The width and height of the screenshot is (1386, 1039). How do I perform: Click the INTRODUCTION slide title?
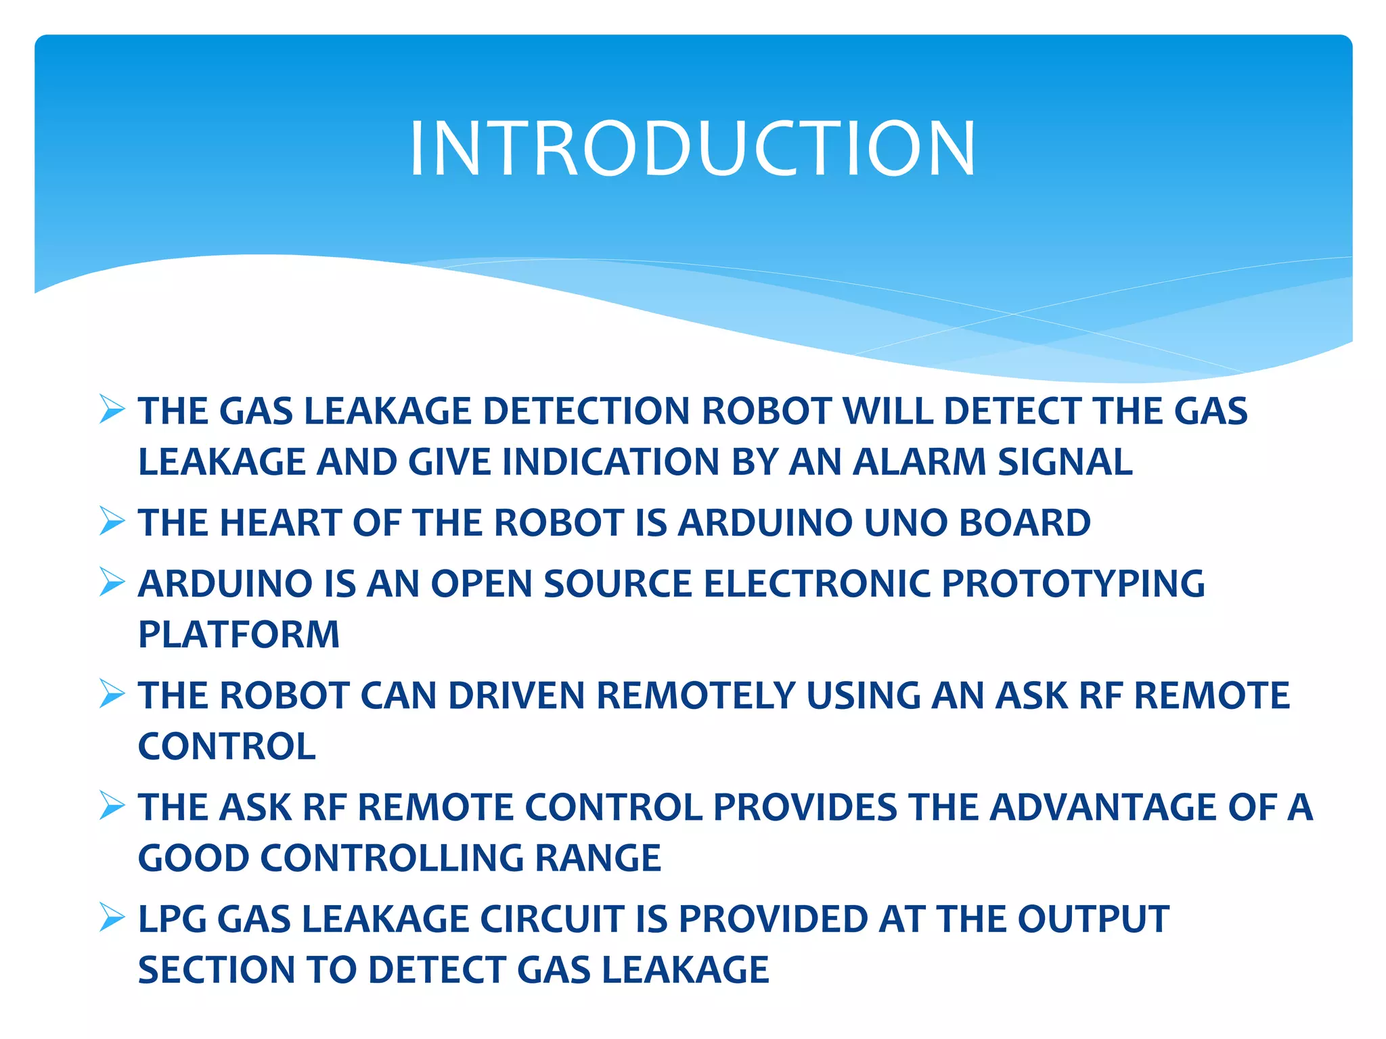click(x=692, y=149)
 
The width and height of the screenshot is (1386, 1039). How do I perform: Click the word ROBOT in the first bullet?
click(x=767, y=411)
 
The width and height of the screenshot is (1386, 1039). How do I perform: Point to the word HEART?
click(x=280, y=523)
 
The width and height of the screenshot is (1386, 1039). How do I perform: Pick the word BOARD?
click(x=1025, y=523)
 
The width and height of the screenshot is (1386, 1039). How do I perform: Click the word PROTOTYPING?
click(x=1073, y=584)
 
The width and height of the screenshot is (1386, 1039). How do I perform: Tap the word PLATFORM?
click(x=239, y=634)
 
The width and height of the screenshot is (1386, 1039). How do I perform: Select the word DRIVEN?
click(x=516, y=696)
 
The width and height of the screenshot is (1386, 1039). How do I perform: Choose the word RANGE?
click(x=598, y=858)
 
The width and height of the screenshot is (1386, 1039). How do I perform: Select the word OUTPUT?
click(x=1093, y=919)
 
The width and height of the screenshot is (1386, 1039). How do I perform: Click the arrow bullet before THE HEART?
click(x=112, y=521)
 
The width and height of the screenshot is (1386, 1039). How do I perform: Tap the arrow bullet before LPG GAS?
click(x=112, y=917)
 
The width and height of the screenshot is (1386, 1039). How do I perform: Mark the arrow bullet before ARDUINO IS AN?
click(x=112, y=582)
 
